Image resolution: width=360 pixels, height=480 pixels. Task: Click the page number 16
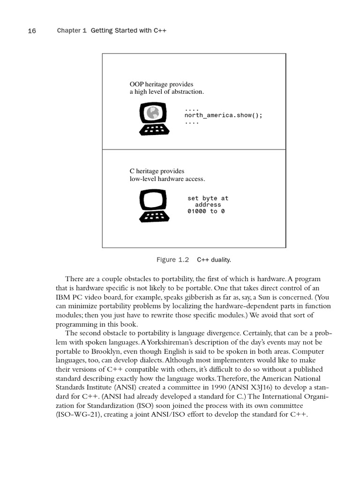coord(32,31)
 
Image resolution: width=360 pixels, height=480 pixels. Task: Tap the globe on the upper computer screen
coord(152,112)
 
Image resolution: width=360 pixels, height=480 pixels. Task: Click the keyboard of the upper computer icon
coord(154,129)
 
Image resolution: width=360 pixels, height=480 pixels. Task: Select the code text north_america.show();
coord(223,115)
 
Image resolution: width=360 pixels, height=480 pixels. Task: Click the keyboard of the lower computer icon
coord(154,216)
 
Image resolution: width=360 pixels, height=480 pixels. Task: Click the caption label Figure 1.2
coord(172,260)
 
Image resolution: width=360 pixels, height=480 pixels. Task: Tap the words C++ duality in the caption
coord(214,260)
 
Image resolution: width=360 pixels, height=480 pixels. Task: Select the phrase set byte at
coord(208,198)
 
